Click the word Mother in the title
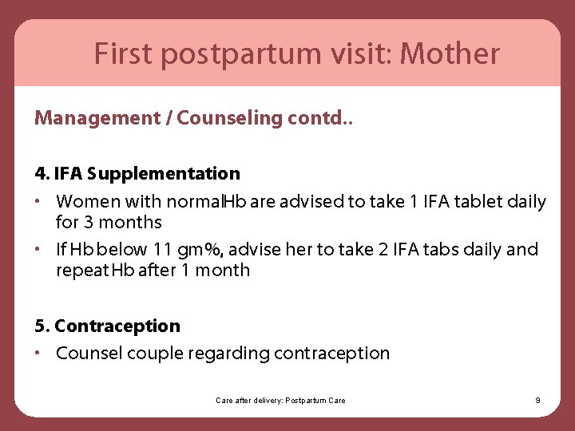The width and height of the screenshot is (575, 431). (450, 54)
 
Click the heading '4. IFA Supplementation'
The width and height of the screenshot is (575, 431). (137, 173)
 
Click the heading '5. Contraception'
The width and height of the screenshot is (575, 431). (108, 326)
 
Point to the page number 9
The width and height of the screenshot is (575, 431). (537, 400)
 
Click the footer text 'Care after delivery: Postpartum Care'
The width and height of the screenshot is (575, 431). (280, 400)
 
